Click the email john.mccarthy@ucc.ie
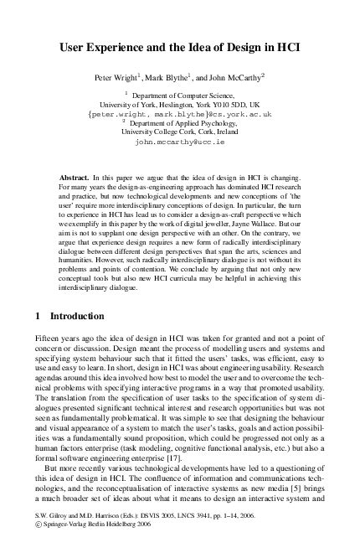(x=179, y=143)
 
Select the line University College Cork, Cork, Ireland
(x=179, y=132)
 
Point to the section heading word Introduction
(x=77, y=293)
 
